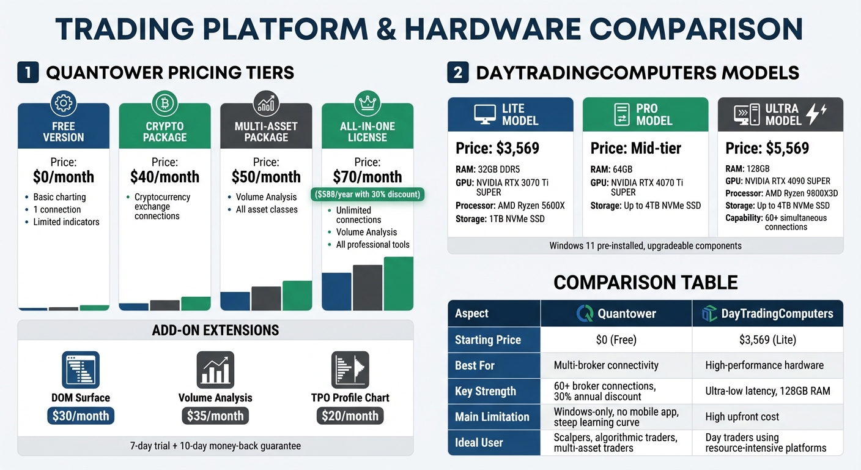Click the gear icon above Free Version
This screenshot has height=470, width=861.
click(64, 103)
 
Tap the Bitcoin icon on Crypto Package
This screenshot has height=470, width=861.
click(164, 103)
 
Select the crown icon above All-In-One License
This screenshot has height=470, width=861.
click(368, 103)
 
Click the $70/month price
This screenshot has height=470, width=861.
click(368, 177)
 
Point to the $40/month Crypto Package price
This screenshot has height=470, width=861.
click(164, 177)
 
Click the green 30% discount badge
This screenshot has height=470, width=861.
click(368, 195)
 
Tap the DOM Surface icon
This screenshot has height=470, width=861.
click(81, 370)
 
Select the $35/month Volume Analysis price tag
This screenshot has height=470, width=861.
click(215, 416)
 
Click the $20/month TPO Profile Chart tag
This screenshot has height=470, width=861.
click(350, 416)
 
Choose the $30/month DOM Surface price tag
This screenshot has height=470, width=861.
click(81, 416)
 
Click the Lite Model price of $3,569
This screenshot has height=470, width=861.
click(497, 149)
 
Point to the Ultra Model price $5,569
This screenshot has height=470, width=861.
click(767, 149)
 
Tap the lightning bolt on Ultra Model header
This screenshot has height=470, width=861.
click(816, 114)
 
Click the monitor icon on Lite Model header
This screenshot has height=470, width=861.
click(485, 114)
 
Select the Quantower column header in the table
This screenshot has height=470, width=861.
click(616, 314)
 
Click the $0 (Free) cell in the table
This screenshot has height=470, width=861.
click(616, 340)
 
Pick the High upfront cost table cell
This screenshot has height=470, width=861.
click(742, 417)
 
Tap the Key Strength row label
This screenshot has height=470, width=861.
click(486, 391)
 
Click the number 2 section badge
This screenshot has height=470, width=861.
click(458, 73)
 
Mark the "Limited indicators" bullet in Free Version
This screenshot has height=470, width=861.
click(66, 222)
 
